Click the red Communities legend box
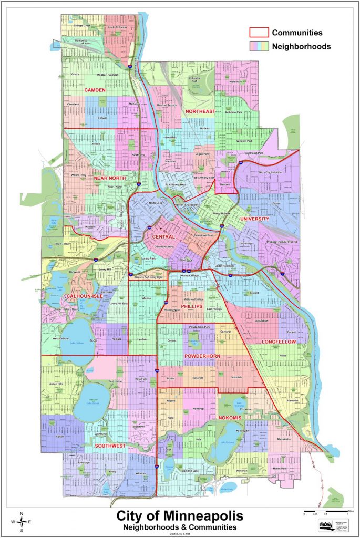[259, 33]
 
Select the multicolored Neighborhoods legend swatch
[259, 46]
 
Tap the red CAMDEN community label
[96, 90]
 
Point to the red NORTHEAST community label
[200, 112]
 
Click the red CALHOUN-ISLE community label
[84, 297]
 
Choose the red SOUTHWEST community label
[110, 446]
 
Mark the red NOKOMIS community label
[229, 418]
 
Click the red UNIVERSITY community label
[254, 219]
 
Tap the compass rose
[22, 521]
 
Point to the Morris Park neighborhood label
[280, 468]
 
